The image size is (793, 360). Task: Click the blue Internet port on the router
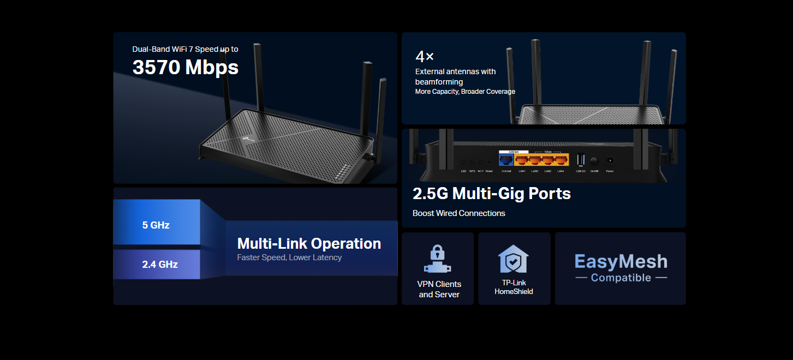506,160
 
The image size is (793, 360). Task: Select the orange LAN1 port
522,160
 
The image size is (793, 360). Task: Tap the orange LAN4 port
561,160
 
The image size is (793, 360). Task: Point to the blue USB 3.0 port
581,160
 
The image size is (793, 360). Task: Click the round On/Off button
594,161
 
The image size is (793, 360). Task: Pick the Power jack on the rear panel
610,161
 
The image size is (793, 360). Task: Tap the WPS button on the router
472,162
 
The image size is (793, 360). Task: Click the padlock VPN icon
437,259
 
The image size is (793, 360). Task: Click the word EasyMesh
621,261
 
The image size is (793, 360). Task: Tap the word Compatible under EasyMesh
621,278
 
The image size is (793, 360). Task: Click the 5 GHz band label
156,225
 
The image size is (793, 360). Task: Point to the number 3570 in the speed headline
156,67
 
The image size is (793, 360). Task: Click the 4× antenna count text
425,56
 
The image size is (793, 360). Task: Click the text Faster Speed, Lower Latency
289,257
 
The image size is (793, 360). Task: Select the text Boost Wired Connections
458,213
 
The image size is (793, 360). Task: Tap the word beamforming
439,82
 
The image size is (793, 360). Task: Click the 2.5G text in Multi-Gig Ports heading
430,194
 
